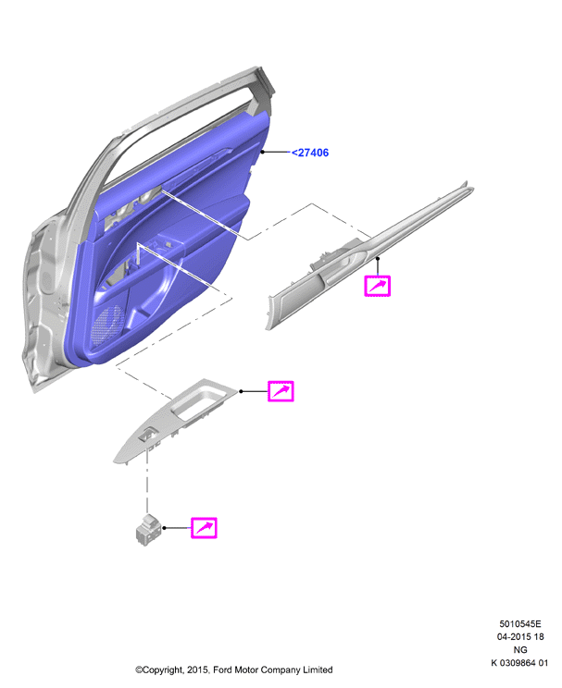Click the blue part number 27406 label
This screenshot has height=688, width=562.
[310, 153]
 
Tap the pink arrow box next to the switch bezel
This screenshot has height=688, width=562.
[281, 391]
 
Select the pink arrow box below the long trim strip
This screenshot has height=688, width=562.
[378, 286]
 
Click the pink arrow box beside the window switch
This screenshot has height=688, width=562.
[204, 527]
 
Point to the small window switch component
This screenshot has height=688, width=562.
[148, 530]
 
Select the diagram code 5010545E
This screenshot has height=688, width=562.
[520, 624]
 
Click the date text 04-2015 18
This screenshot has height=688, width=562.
[520, 636]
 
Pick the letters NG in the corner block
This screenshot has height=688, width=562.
[520, 650]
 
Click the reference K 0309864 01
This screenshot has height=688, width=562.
[519, 663]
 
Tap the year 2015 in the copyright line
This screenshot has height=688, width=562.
[197, 670]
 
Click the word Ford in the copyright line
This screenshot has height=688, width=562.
[223, 670]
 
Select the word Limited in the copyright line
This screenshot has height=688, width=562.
[318, 670]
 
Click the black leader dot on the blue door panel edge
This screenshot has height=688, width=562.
[263, 152]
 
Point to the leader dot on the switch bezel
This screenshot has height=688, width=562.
[241, 391]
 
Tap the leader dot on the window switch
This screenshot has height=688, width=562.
[164, 527]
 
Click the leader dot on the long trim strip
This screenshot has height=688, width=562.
[378, 259]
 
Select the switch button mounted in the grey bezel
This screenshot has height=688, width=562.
[146, 436]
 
